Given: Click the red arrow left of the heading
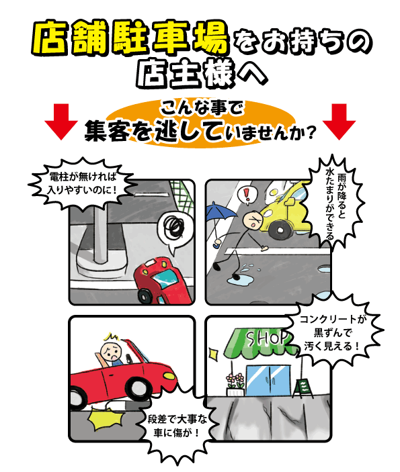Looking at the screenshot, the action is pyautogui.click(x=61, y=122).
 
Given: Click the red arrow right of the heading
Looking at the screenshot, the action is pyautogui.click(x=339, y=122).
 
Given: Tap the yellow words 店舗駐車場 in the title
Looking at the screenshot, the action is pyautogui.click(x=130, y=38).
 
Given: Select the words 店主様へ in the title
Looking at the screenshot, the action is pyautogui.click(x=202, y=73).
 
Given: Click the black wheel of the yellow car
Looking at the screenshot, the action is pyautogui.click(x=280, y=230).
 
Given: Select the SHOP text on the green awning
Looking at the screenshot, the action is pyautogui.click(x=266, y=338).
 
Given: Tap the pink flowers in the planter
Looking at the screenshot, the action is pyautogui.click(x=235, y=380).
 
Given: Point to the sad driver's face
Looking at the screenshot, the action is pyautogui.click(x=111, y=350).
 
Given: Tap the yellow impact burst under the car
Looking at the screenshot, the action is pyautogui.click(x=106, y=419).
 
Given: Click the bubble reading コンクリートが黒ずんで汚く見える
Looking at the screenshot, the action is pyautogui.click(x=332, y=333).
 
